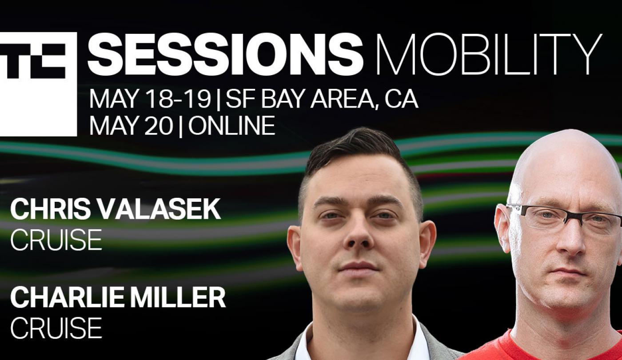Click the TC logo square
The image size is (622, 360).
(38, 84)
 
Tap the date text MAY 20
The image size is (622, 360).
(131, 126)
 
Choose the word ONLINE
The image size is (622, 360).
(231, 126)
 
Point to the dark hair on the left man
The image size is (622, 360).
(361, 156)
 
